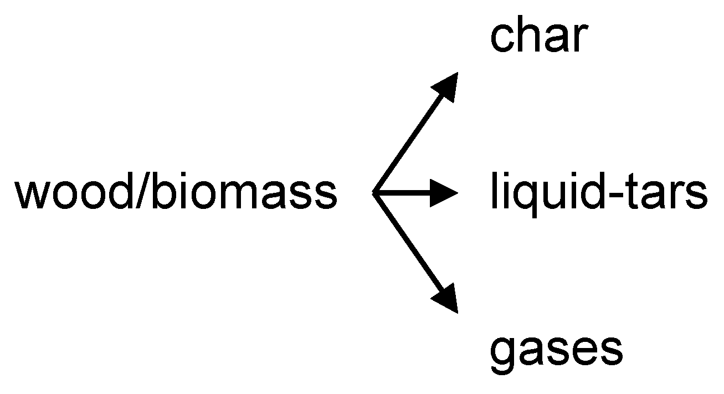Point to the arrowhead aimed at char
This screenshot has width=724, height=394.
click(446, 86)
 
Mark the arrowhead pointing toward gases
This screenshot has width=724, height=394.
click(446, 300)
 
